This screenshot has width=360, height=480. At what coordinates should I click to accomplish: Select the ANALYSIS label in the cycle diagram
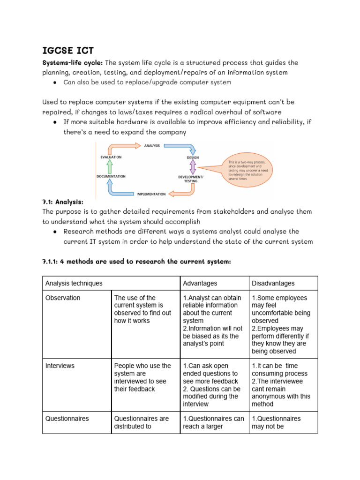152,146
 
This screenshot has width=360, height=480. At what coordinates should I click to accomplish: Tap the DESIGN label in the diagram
193,157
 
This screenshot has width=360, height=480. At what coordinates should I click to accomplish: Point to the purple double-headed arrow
193,167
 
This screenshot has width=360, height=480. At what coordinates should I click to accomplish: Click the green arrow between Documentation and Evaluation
109,166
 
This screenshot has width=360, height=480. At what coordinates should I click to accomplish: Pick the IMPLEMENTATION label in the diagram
150,194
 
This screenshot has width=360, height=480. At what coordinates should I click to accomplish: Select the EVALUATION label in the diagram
111,157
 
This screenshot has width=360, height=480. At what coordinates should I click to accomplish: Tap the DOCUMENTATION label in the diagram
111,176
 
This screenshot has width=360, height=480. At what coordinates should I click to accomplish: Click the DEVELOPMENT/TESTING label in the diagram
191,179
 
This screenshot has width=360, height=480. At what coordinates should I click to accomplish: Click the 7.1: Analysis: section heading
63,202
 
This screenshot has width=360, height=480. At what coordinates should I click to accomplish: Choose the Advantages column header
200,283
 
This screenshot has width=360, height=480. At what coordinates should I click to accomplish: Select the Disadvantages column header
273,283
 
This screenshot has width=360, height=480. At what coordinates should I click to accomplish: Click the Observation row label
63,298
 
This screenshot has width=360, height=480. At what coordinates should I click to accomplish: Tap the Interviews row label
60,366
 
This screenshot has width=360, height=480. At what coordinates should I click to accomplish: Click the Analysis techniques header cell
74,283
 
